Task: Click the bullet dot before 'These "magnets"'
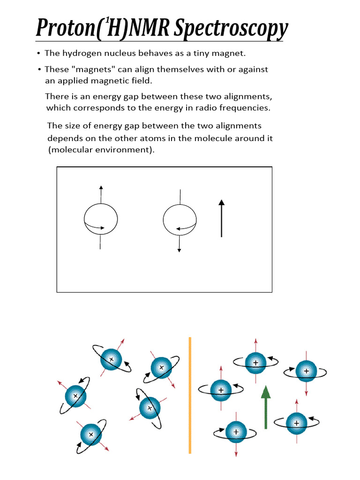pyautogui.click(x=39, y=69)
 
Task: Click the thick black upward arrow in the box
pyautogui.click(x=221, y=218)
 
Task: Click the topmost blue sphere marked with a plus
pyautogui.click(x=255, y=362)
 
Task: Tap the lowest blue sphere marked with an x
pyautogui.click(x=91, y=434)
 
